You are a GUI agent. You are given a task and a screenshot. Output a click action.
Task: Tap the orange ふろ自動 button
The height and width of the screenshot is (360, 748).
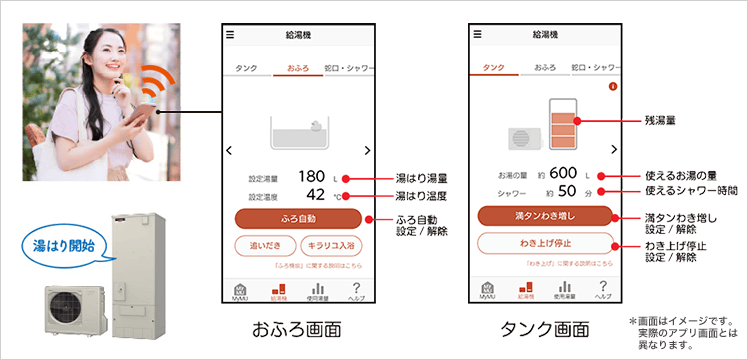click(x=297, y=217)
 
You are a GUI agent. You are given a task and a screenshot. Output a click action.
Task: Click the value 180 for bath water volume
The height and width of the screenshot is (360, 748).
click(x=311, y=176)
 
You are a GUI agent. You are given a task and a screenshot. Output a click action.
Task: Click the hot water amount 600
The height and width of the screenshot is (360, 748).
click(x=561, y=174)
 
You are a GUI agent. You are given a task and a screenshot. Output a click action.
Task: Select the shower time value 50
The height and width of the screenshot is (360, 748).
click(x=567, y=191)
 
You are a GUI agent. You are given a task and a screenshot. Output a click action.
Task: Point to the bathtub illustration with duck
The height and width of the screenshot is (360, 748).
click(x=297, y=130)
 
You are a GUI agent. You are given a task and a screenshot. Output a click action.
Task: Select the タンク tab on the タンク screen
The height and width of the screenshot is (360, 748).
click(x=493, y=67)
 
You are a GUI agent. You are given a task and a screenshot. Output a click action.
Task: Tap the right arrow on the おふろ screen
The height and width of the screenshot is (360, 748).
click(x=367, y=150)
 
